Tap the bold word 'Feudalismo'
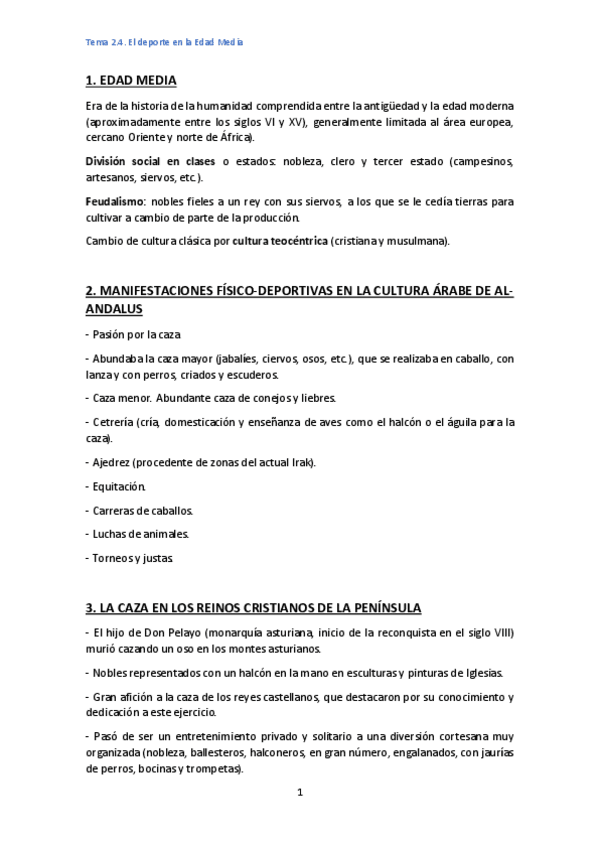(x=115, y=201)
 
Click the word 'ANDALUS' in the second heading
(x=115, y=310)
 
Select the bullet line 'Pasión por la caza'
(x=134, y=334)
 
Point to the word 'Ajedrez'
(x=115, y=462)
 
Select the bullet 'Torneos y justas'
(x=131, y=558)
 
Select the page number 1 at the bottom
(x=299, y=793)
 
